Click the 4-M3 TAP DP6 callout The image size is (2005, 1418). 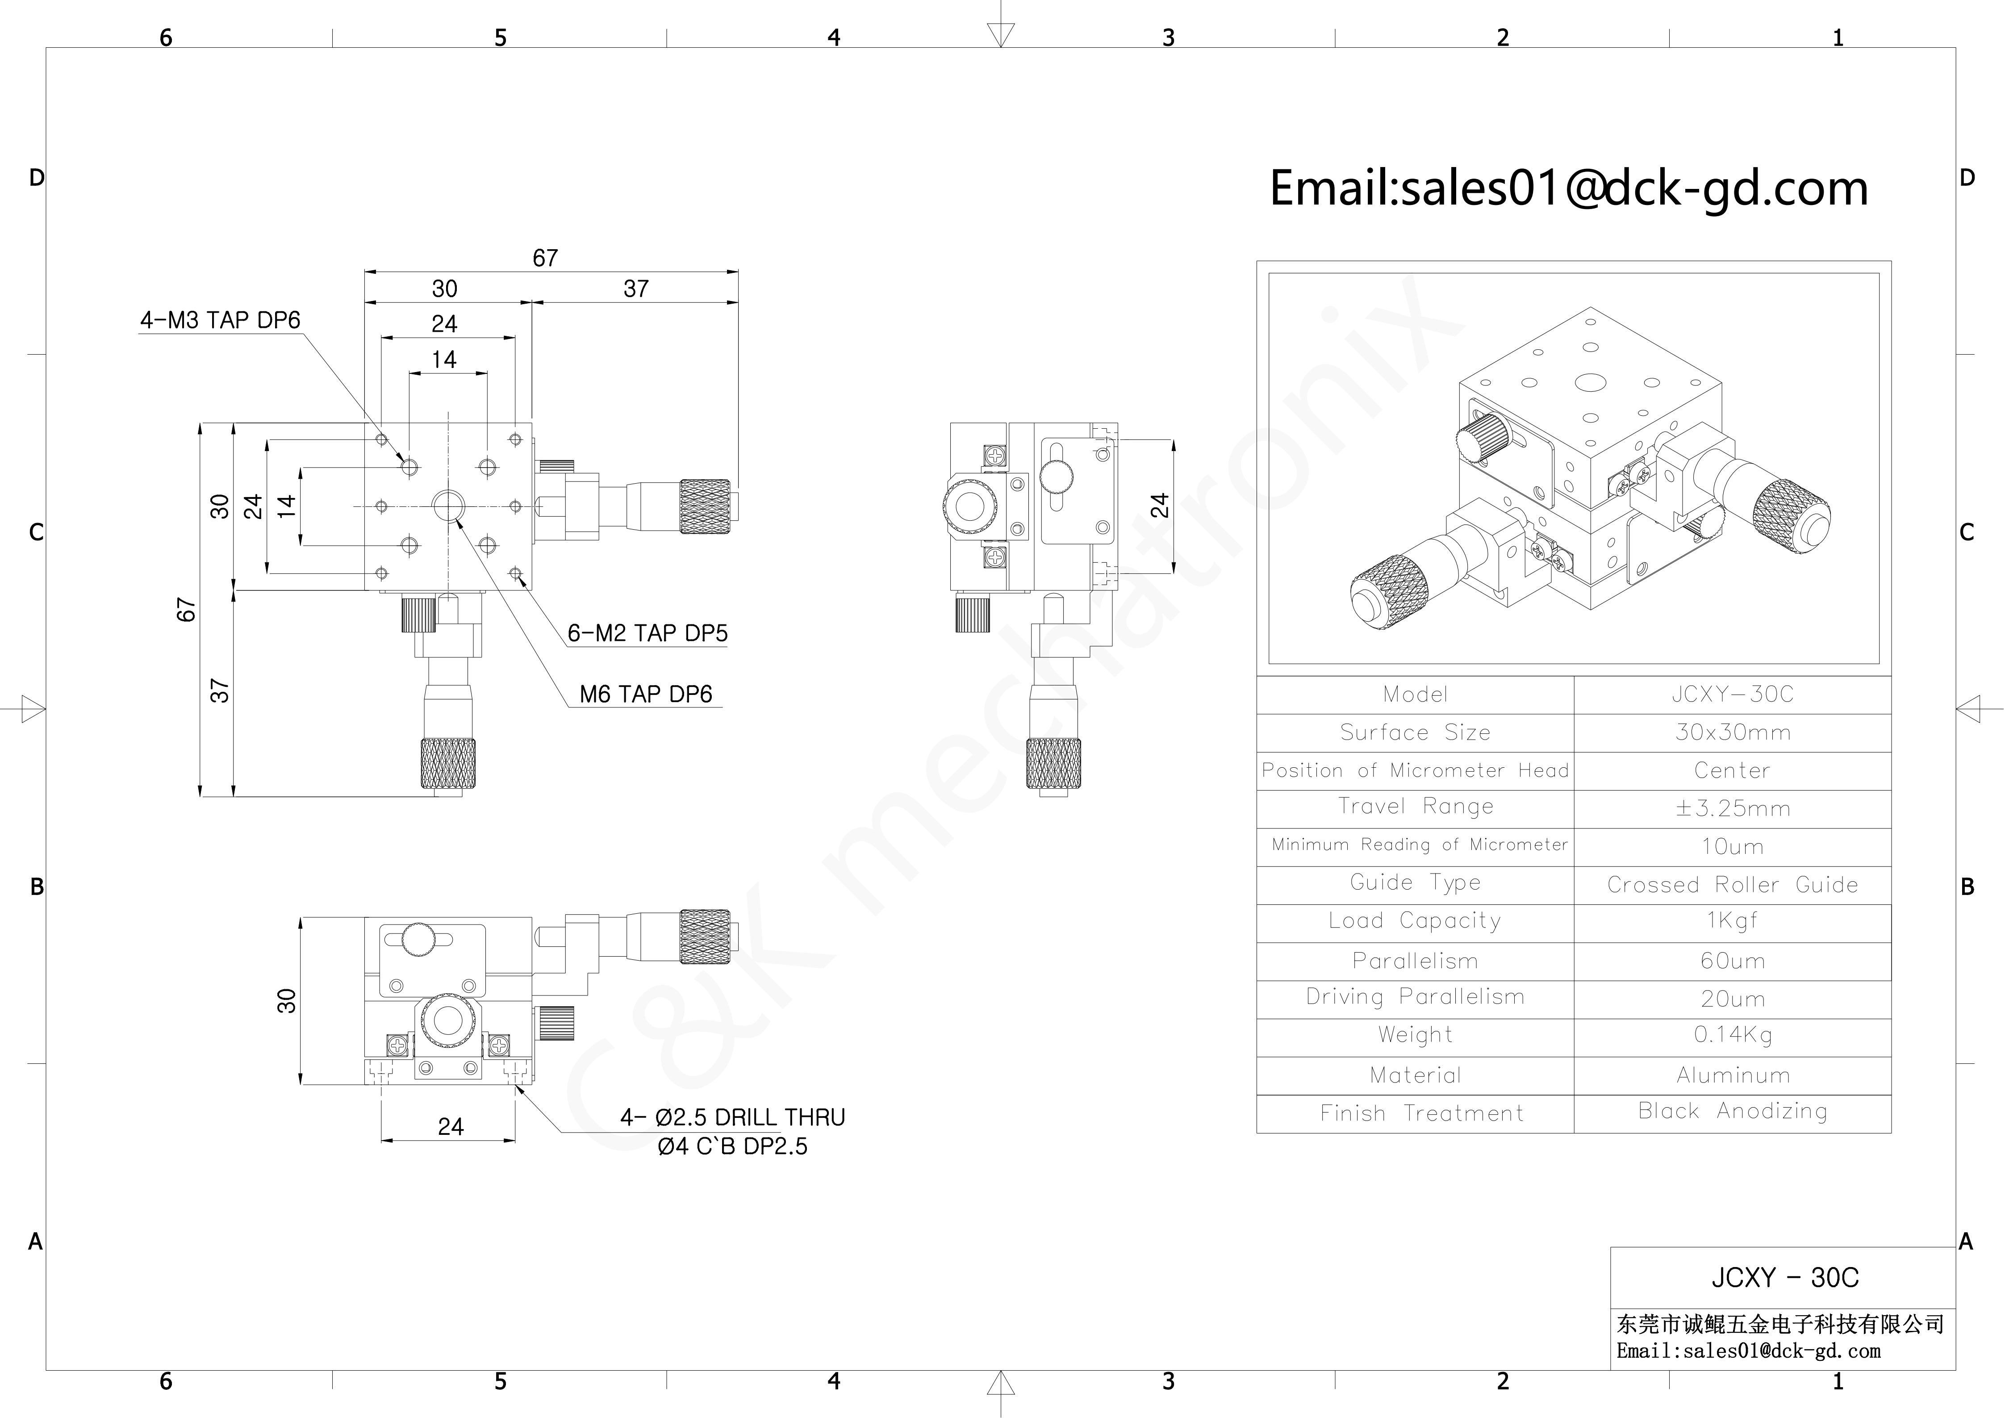click(220, 321)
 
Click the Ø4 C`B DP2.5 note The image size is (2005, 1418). click(733, 1146)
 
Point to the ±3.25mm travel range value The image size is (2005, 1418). click(1733, 808)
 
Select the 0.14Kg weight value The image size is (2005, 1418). click(1733, 1036)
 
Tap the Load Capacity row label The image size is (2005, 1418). click(1415, 921)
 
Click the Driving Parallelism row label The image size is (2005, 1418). click(1415, 997)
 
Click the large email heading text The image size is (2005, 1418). click(1568, 188)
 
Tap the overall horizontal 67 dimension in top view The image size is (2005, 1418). click(546, 259)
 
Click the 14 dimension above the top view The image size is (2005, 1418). click(444, 359)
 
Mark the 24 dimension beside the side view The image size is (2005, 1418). click(1159, 506)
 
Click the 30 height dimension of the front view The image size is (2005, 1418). click(286, 1000)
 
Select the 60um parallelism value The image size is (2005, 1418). click(1733, 962)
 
